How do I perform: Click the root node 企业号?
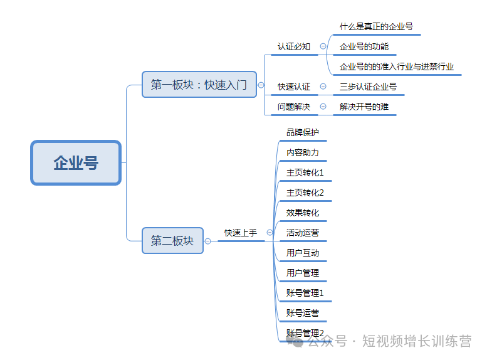pyautogui.click(x=76, y=163)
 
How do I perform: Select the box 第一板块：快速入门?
pyautogui.click(x=199, y=84)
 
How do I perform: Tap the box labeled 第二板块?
pyautogui.click(x=172, y=240)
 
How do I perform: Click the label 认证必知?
pyautogui.click(x=294, y=46)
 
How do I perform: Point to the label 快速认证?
pyautogui.click(x=294, y=87)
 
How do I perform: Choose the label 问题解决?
pyautogui.click(x=294, y=107)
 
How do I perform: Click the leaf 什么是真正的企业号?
pyautogui.click(x=376, y=27)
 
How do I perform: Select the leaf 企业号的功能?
pyautogui.click(x=364, y=47)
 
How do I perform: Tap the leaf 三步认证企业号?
pyautogui.click(x=368, y=87)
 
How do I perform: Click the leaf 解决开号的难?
pyautogui.click(x=364, y=107)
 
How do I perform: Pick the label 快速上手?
pyautogui.click(x=241, y=233)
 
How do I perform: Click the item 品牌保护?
pyautogui.click(x=303, y=132)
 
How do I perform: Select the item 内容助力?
pyautogui.click(x=303, y=152)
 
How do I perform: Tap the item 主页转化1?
pyautogui.click(x=305, y=172)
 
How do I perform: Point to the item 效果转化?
pyautogui.click(x=303, y=213)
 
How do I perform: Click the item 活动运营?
pyautogui.click(x=303, y=233)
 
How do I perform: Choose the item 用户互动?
pyautogui.click(x=303, y=253)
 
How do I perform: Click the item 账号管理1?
pyautogui.click(x=305, y=293)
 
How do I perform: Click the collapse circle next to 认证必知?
pyautogui.click(x=323, y=46)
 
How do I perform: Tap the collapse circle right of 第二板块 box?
pyautogui.click(x=207, y=241)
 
